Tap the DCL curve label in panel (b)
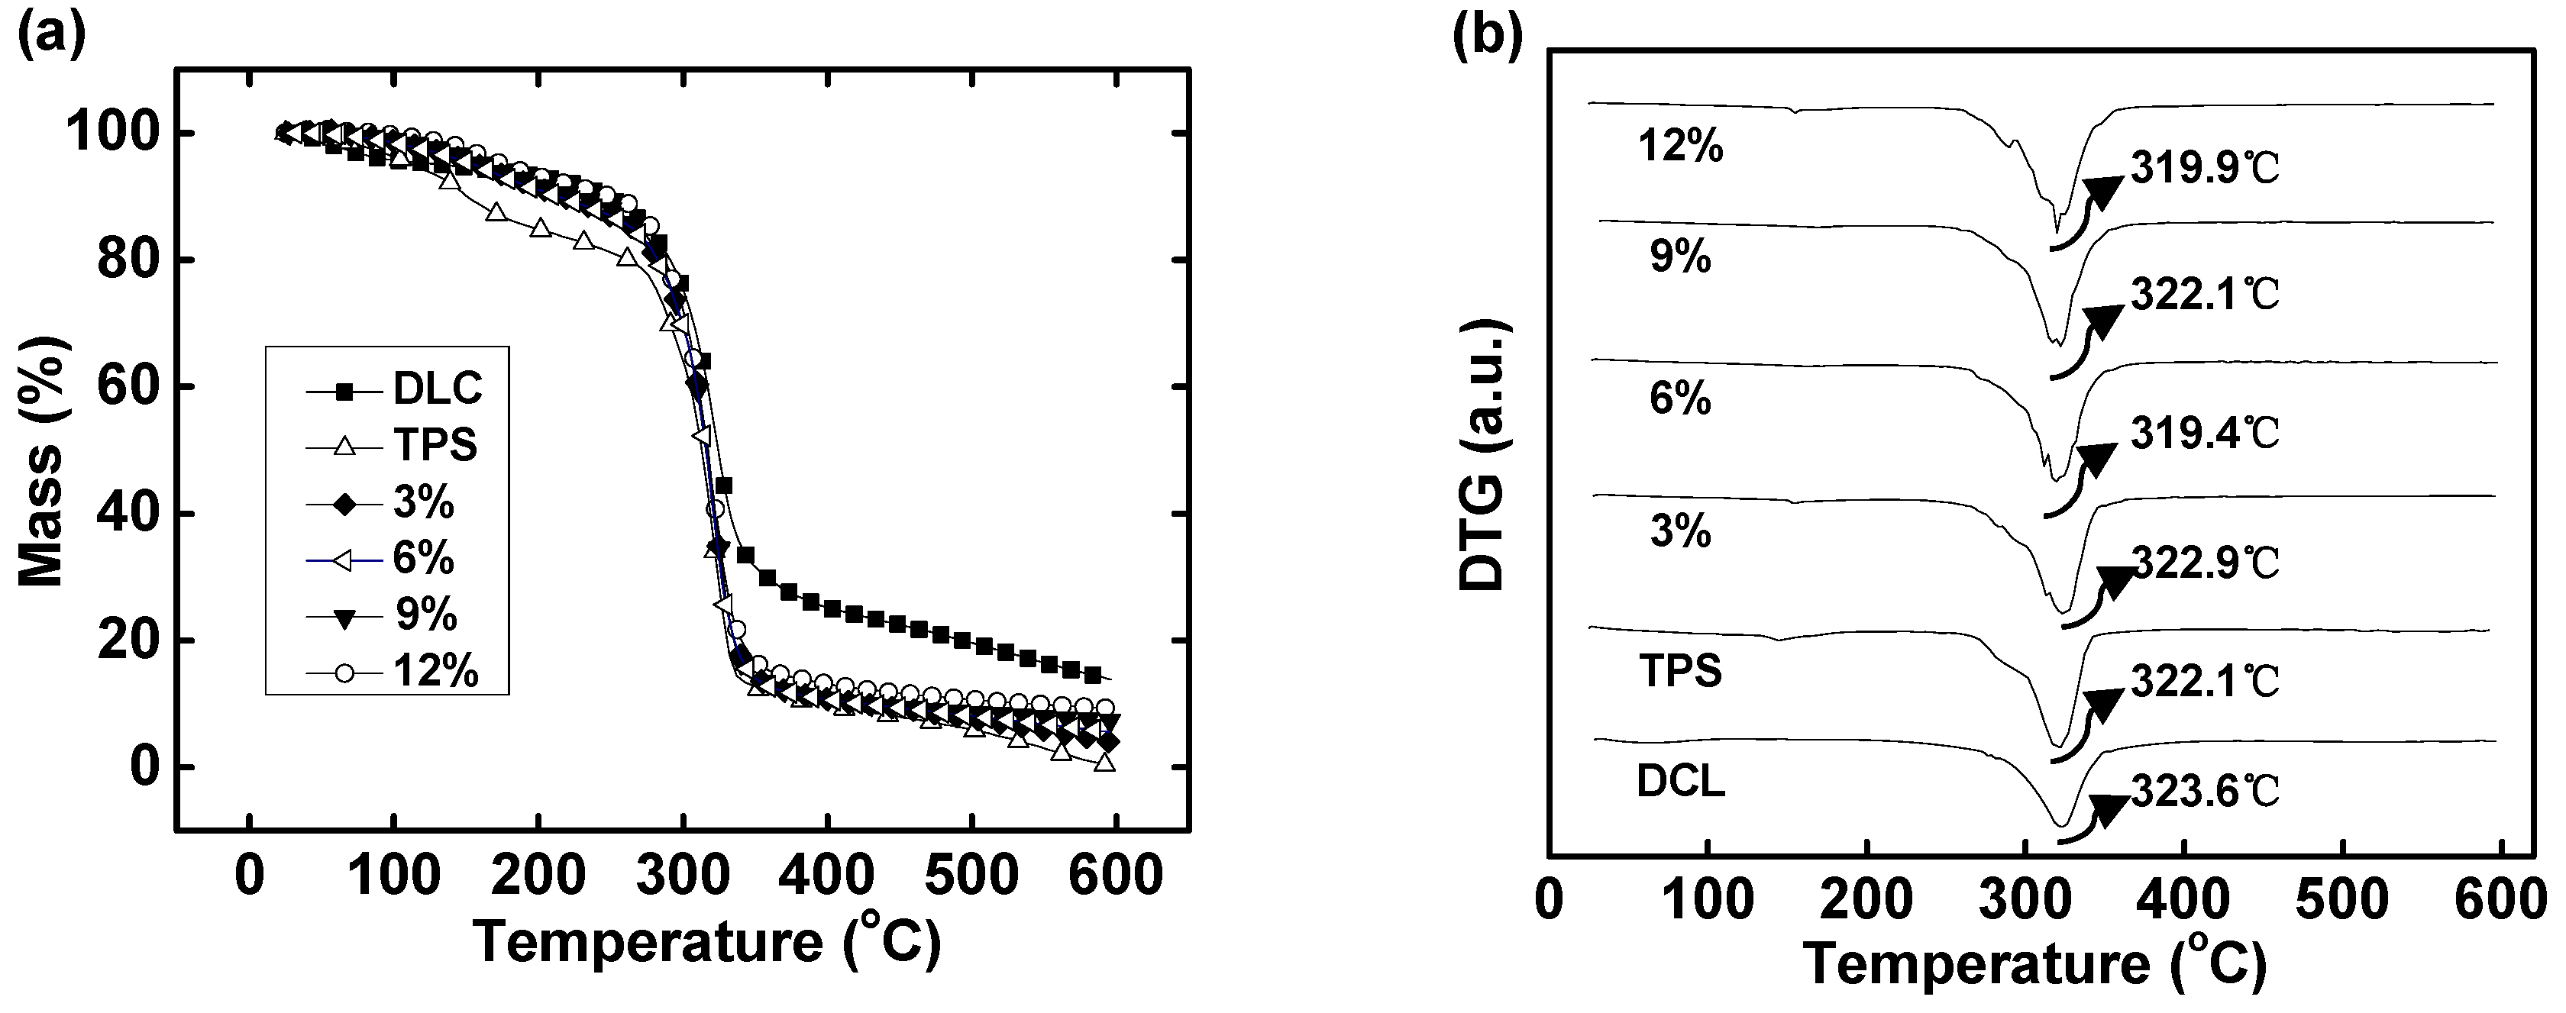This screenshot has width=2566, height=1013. click(1680, 783)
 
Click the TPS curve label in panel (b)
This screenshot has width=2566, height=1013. click(1680, 671)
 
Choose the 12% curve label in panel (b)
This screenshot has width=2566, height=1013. click(1680, 147)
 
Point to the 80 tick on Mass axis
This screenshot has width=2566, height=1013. click(128, 260)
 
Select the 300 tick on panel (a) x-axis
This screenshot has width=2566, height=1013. click(681, 876)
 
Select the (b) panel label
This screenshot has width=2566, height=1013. click(1487, 37)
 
